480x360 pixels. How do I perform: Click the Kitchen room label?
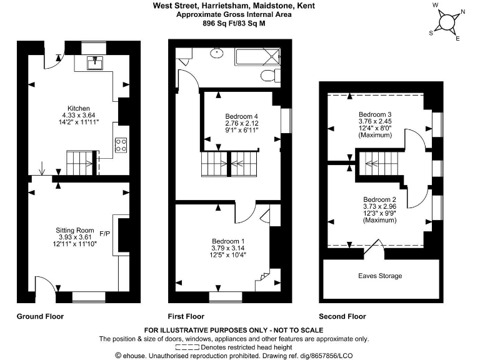79,108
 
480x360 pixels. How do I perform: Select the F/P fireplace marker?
105,234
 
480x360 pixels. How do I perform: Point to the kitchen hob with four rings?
121,145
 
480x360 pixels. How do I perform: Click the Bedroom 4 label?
241,116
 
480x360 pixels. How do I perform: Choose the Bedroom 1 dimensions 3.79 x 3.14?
228,248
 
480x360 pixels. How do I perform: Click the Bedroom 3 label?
375,114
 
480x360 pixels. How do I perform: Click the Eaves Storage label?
380,276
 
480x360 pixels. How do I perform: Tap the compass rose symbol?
447,21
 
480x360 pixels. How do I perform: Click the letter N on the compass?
462,11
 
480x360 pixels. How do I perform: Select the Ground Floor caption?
40,316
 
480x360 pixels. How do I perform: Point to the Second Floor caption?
342,316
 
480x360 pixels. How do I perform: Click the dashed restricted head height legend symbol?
187,346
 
